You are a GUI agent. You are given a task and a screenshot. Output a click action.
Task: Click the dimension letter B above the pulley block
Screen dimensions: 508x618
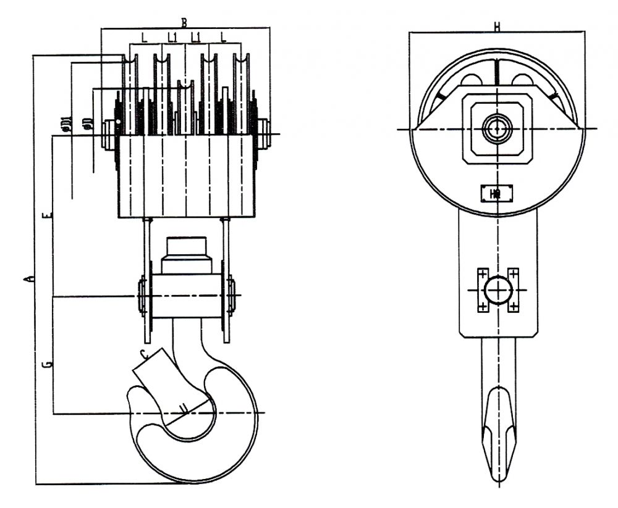pyautogui.click(x=184, y=22)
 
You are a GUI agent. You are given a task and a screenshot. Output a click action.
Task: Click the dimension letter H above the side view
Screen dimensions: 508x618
pyautogui.click(x=497, y=27)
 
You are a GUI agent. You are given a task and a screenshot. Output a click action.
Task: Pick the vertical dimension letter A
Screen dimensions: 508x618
pyautogui.click(x=27, y=280)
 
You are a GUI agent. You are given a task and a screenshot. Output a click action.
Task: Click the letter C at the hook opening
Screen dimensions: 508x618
pyautogui.click(x=143, y=354)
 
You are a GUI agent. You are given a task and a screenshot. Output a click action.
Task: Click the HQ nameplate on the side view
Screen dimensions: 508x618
pyautogui.click(x=496, y=193)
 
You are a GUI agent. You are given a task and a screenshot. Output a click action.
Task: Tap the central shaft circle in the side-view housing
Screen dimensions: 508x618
pyautogui.click(x=496, y=129)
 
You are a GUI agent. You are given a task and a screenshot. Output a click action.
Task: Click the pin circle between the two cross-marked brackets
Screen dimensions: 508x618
pyautogui.click(x=497, y=289)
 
